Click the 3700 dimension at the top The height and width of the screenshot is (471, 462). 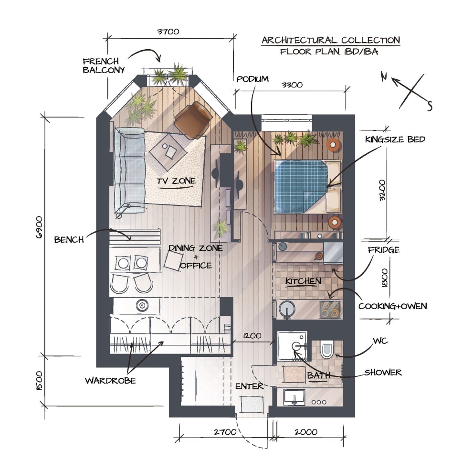click(x=168, y=32)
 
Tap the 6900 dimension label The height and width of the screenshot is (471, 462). click(x=39, y=227)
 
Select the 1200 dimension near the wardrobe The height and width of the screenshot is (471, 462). click(x=252, y=335)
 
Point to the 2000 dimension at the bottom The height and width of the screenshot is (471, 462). click(x=306, y=432)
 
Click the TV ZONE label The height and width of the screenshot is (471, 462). click(x=176, y=181)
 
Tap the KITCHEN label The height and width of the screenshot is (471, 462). click(x=303, y=281)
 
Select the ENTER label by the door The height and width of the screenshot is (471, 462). click(x=249, y=386)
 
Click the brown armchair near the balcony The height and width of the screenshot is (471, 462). click(x=193, y=120)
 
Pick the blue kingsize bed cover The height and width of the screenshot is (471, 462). click(x=300, y=186)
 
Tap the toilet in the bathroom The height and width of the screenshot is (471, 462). click(x=327, y=349)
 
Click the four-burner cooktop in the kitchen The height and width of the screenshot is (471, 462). click(x=330, y=310)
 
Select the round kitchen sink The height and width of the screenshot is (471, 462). click(x=287, y=309)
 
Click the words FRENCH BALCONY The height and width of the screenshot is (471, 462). click(x=104, y=66)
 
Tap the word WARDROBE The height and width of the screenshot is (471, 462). click(x=110, y=381)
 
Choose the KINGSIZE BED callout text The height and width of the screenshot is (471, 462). click(x=395, y=139)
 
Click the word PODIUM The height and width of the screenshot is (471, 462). click(x=252, y=79)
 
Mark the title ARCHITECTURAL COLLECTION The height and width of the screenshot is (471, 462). click(x=331, y=40)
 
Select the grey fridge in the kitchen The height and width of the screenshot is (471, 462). click(x=333, y=253)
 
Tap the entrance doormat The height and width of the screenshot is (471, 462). click(x=252, y=404)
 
